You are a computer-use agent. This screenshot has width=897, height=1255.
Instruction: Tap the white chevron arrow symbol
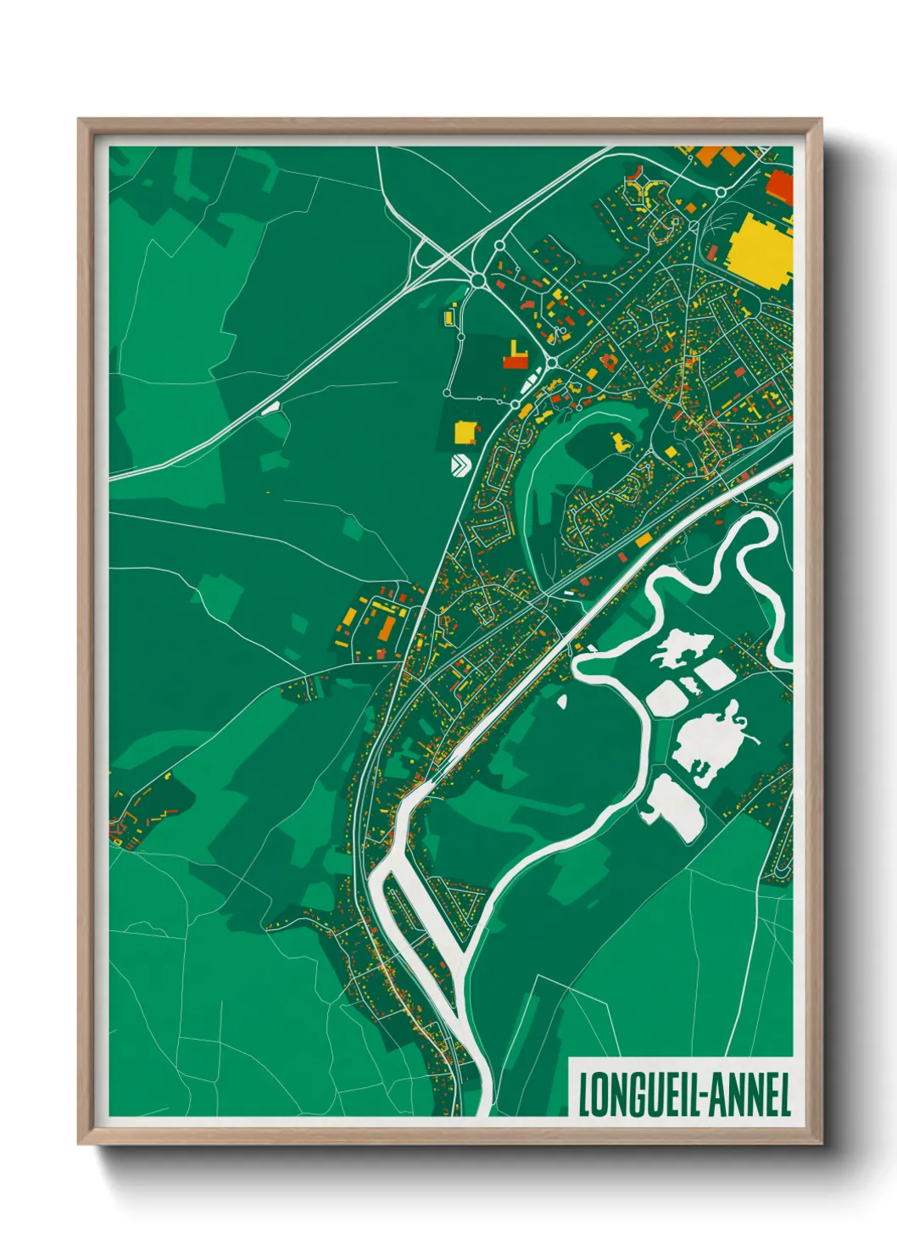[460, 465]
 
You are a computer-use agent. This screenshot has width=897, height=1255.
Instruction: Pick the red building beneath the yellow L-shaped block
[515, 362]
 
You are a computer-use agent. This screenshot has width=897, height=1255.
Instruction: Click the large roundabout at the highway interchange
[477, 280]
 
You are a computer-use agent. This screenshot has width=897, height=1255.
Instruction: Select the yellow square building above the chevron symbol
[465, 432]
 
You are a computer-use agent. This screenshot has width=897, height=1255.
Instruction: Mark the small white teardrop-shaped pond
[561, 700]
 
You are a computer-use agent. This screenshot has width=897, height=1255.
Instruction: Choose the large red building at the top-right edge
[779, 187]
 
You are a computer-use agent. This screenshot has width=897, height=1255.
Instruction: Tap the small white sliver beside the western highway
[270, 408]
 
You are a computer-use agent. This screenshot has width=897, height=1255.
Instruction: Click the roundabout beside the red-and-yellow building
[552, 363]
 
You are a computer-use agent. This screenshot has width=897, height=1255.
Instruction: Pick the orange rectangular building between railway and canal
[643, 540]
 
